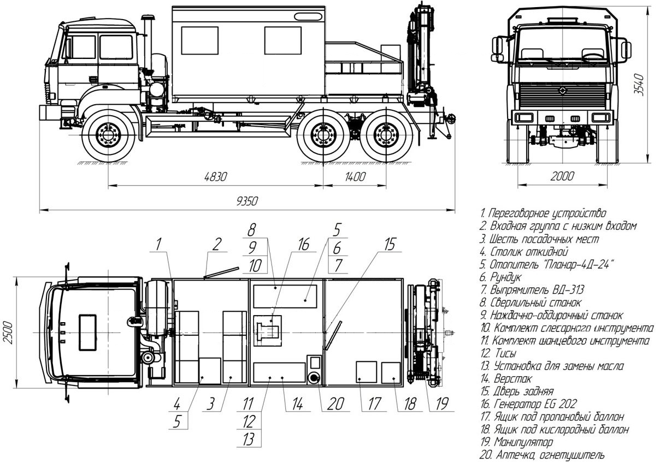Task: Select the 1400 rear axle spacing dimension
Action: click(355, 177)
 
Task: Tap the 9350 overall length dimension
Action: click(247, 201)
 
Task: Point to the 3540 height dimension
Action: click(646, 84)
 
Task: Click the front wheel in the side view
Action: click(108, 135)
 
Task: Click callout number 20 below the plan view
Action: click(335, 404)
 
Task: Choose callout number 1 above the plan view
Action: click(158, 245)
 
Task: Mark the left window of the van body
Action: click(199, 40)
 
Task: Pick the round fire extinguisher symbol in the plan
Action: click(315, 378)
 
